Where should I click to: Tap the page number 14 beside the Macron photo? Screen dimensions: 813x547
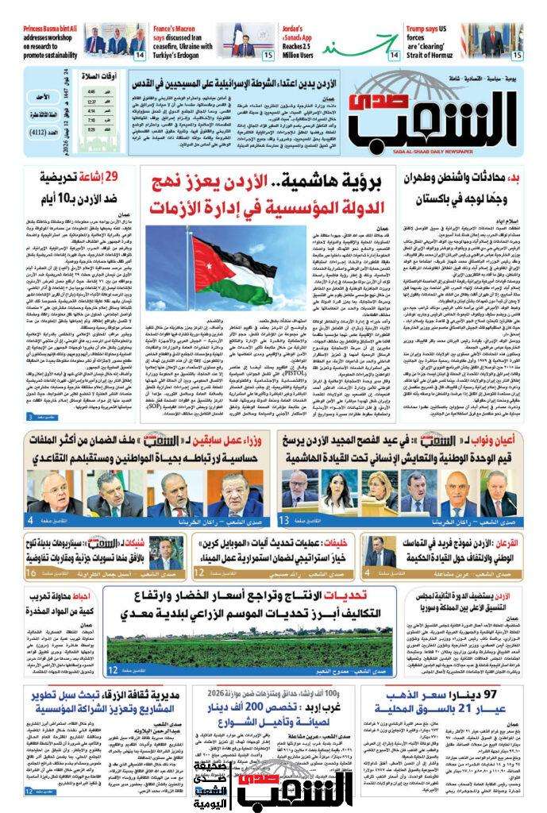[x=139, y=56]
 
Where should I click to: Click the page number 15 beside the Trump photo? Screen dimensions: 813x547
[x=517, y=56]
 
